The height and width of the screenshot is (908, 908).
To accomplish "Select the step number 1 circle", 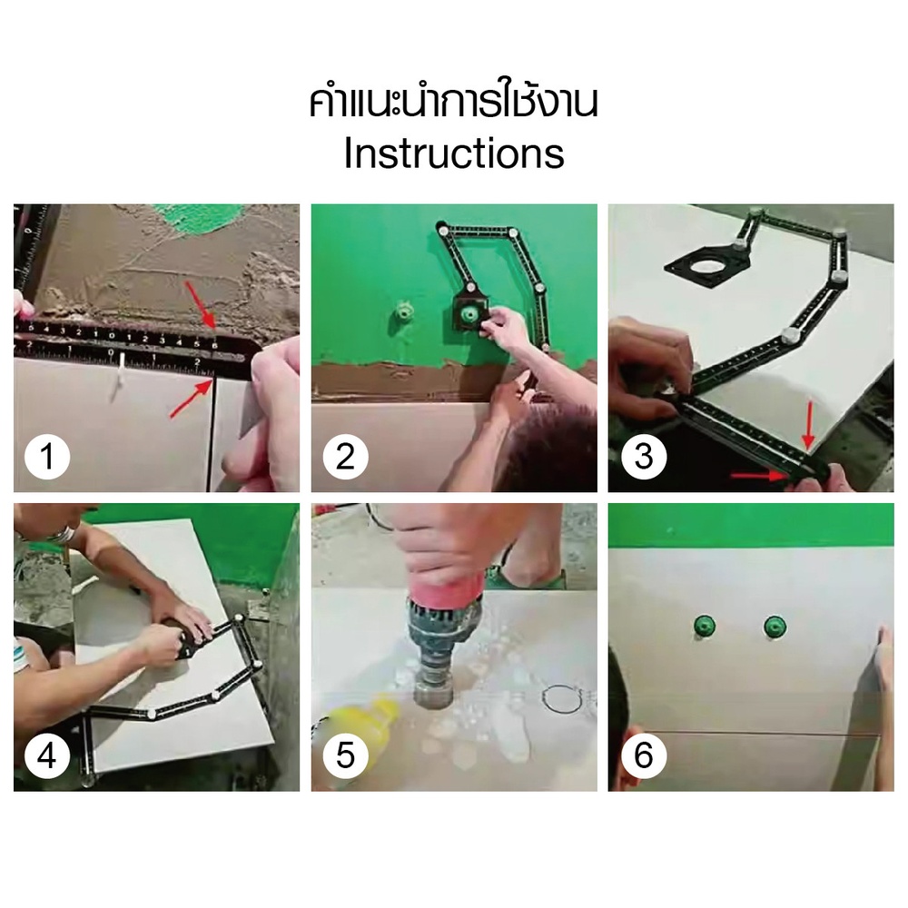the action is pyautogui.click(x=47, y=457).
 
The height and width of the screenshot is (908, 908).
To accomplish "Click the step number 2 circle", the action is pyautogui.click(x=345, y=457).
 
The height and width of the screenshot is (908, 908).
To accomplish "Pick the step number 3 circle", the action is pyautogui.click(x=644, y=457).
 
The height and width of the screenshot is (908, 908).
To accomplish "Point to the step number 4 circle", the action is pyautogui.click(x=47, y=755).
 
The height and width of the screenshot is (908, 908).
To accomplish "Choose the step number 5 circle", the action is pyautogui.click(x=345, y=755).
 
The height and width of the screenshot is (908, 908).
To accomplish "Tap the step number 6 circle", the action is pyautogui.click(x=644, y=755).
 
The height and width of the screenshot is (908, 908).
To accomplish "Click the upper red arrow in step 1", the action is pyautogui.click(x=200, y=304).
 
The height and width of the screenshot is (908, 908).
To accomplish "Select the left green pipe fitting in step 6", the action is pyautogui.click(x=705, y=627).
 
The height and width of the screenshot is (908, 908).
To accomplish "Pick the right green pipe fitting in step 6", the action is pyautogui.click(x=775, y=627).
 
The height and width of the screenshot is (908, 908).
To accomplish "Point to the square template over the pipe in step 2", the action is pyautogui.click(x=469, y=313).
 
